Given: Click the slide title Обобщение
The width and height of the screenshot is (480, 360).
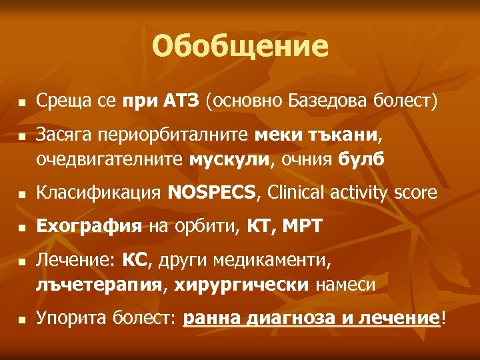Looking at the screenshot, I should pyautogui.click(x=240, y=47).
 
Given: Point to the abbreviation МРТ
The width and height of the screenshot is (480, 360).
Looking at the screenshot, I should pyautogui.click(x=301, y=227).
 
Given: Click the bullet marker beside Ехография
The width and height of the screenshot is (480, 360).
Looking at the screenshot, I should pyautogui.click(x=22, y=229).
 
